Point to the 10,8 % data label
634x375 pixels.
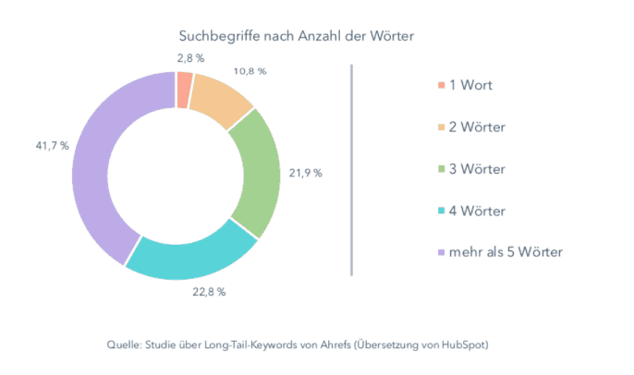(250, 70)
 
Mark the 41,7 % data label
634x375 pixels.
(52, 146)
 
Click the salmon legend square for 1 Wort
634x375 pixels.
(440, 86)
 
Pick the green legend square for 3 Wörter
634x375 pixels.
(440, 170)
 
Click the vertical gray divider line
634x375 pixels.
(352, 169)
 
